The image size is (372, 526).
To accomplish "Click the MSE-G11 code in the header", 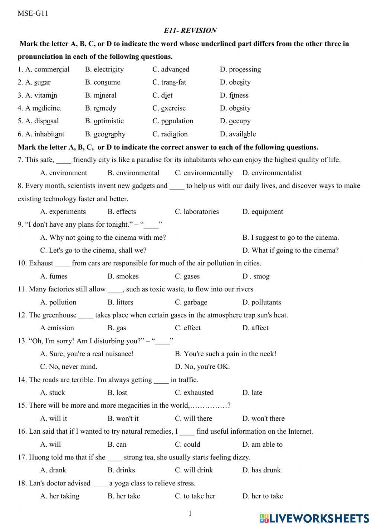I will pos(33,14).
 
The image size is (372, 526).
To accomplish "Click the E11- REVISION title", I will pos(190,31).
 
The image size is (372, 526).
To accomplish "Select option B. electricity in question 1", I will pos(104,70).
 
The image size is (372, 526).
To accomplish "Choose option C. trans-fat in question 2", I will pos(169,82).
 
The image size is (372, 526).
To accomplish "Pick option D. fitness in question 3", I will pos(234,95).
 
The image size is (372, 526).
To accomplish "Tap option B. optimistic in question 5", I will pos(104,121).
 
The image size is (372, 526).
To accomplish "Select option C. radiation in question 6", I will pos(170,134).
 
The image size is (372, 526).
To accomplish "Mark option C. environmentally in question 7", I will pos(203,173).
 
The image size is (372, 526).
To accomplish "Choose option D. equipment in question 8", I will pos(263,211).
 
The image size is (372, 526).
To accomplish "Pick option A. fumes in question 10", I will pos(54,276).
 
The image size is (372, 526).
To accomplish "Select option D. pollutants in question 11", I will pos(262,302).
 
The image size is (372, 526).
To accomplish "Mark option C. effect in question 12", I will pos(187,328).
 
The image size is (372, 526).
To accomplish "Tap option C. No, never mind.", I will pos(69,367).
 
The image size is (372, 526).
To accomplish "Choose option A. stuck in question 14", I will pos(52,393).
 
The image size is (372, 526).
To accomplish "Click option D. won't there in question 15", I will pos(263,418).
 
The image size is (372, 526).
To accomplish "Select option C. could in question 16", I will pos(187,444).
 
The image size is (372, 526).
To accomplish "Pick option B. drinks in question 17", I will pos(121,470).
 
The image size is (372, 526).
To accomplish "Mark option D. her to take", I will pos(263,496).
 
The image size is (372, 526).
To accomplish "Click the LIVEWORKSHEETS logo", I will pos(314,519).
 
